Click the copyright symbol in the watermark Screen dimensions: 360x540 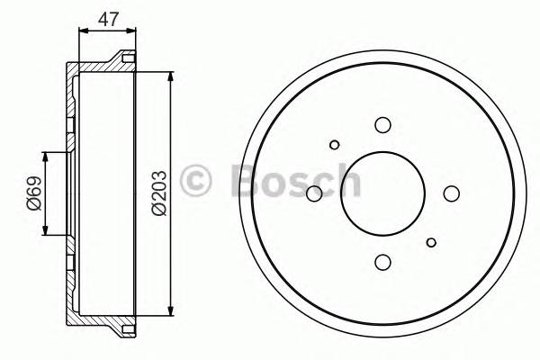(195, 180)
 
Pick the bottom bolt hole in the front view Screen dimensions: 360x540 (382, 261)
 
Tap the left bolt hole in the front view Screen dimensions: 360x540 (314, 193)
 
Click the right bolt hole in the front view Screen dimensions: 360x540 (451, 193)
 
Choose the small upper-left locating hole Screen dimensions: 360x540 (335, 144)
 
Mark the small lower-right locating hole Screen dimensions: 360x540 (432, 240)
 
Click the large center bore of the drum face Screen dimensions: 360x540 (382, 193)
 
